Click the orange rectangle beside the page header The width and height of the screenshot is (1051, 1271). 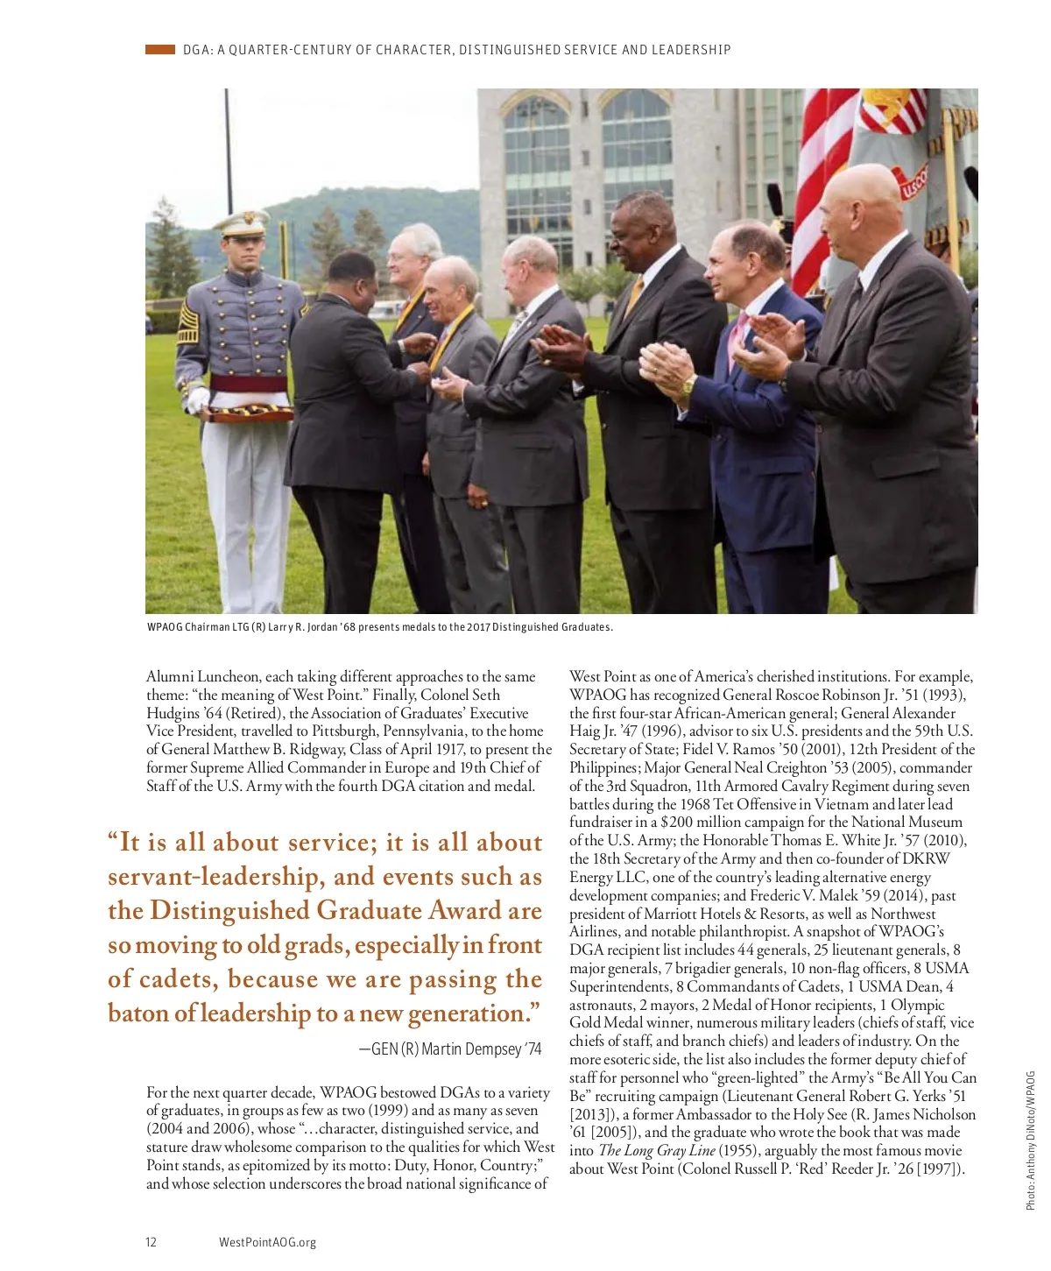click(160, 50)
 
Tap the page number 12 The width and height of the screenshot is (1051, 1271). click(151, 1241)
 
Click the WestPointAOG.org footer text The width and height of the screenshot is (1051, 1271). click(267, 1241)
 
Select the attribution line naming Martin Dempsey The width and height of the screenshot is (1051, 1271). click(450, 1049)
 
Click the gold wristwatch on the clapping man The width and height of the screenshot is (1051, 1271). click(688, 384)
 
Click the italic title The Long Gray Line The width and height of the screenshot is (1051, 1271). click(657, 1150)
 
